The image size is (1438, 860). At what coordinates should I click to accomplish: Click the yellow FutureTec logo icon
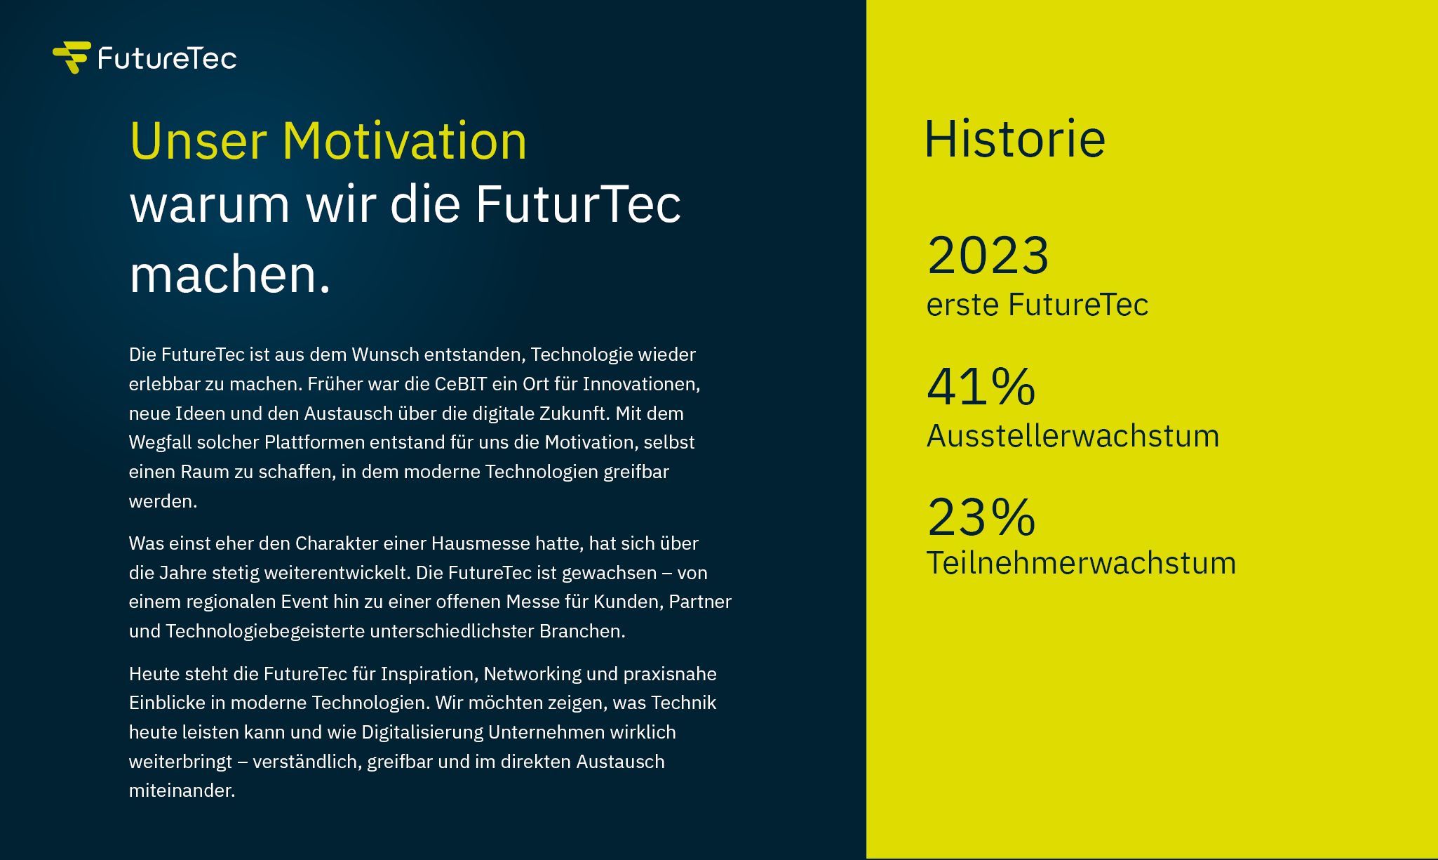(x=72, y=58)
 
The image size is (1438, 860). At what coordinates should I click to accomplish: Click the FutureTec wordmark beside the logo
(x=167, y=58)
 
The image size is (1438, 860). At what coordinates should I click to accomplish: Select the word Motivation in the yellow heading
(x=404, y=141)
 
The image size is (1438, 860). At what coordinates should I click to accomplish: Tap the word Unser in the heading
(x=199, y=141)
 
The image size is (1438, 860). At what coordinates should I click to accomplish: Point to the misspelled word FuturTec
(x=578, y=204)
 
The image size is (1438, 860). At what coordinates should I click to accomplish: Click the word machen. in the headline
(x=229, y=274)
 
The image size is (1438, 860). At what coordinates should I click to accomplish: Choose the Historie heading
(x=1015, y=138)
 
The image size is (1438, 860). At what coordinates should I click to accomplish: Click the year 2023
(x=988, y=255)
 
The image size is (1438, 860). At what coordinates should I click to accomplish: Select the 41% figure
(x=981, y=386)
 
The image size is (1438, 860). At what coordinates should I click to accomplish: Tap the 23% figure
(x=981, y=517)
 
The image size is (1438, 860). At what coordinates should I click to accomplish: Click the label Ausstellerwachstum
(x=1073, y=436)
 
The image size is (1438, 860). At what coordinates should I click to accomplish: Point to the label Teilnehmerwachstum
(x=1081, y=563)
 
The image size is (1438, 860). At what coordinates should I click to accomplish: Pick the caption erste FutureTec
(x=1037, y=305)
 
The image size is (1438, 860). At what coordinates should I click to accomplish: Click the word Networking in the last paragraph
(x=532, y=674)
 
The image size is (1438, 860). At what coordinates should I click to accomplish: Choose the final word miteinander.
(x=182, y=790)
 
